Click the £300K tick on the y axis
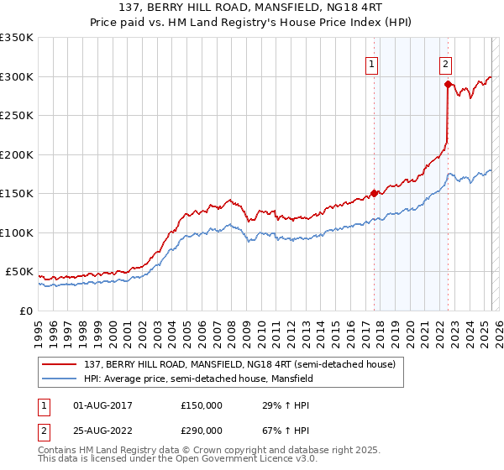(x=17, y=76)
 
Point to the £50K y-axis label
(x=19, y=272)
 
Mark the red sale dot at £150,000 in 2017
(x=374, y=193)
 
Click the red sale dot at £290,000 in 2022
(x=448, y=84)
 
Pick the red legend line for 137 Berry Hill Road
(x=60, y=363)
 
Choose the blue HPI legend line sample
(x=60, y=379)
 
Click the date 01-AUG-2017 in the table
(x=103, y=405)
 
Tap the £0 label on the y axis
(x=24, y=311)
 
